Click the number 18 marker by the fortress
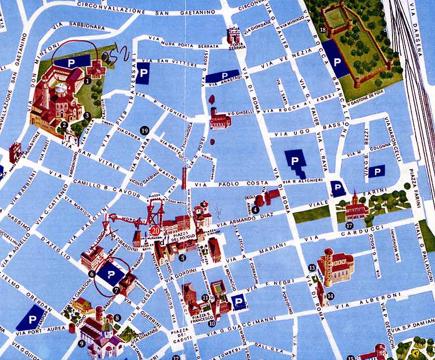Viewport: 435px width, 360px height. coord(323,31)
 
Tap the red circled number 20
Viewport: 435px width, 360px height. coord(155,230)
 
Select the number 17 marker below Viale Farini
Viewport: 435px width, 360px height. coord(349,225)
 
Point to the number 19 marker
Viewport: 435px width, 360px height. coord(144,130)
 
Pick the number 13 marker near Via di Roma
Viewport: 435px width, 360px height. coord(312,267)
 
